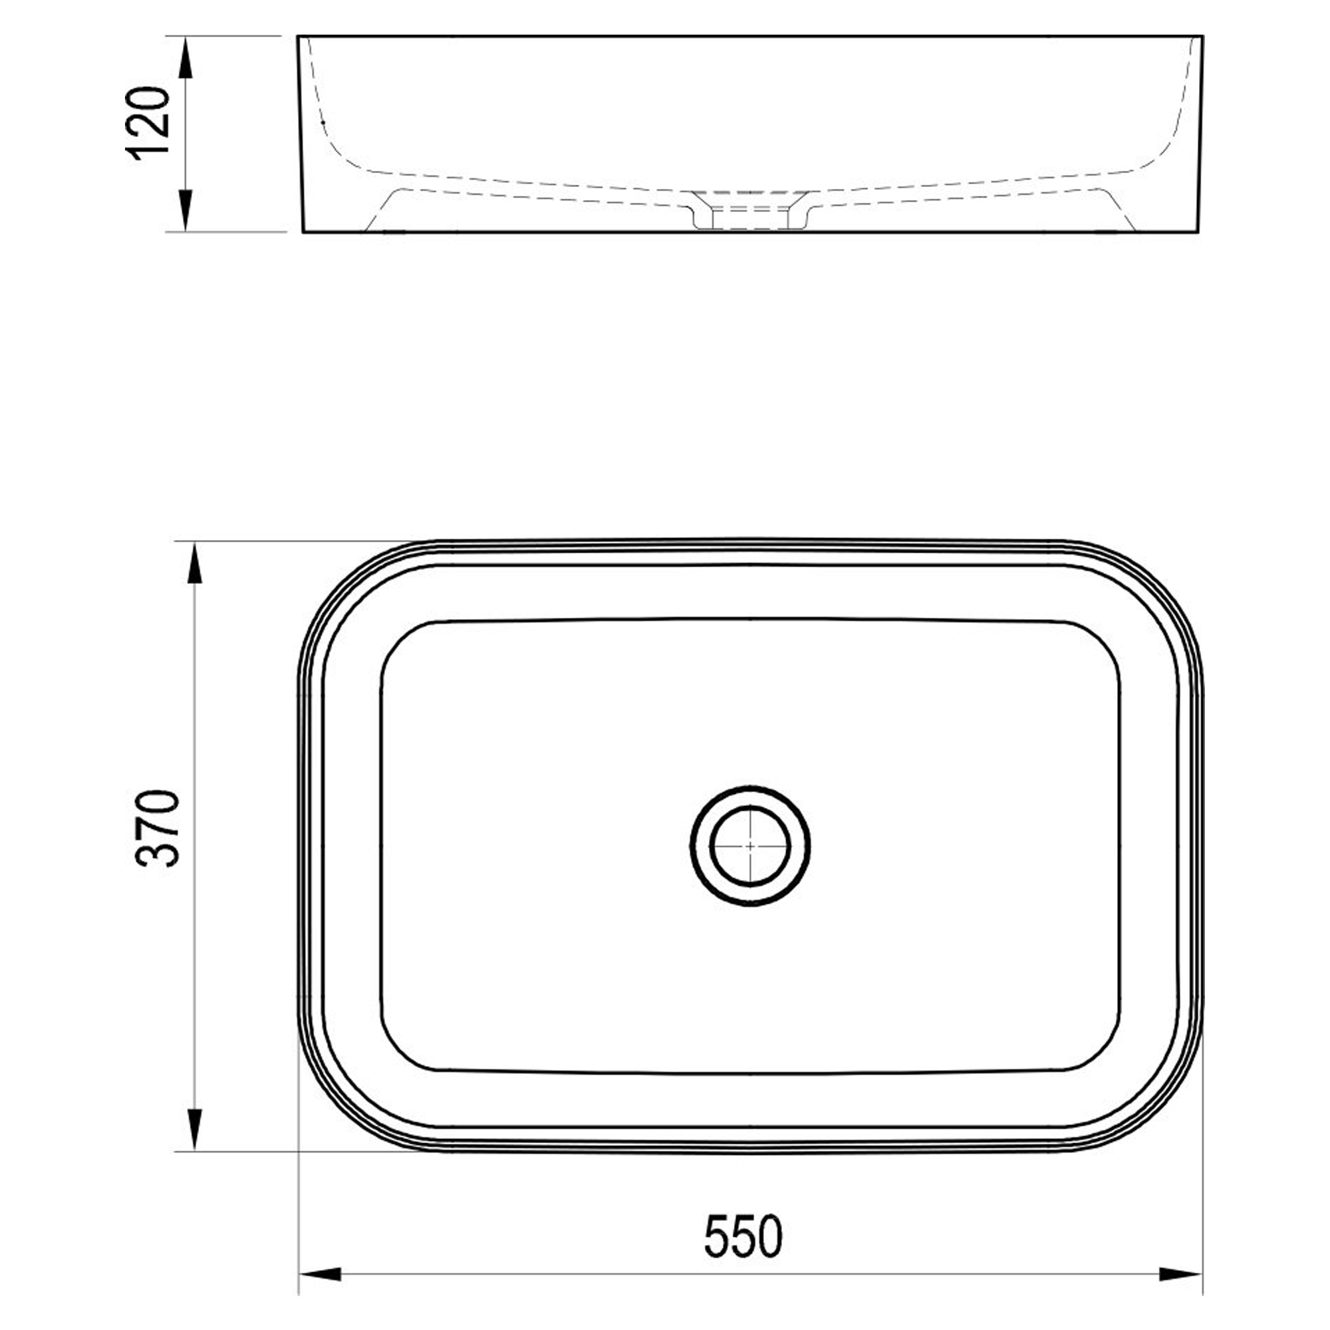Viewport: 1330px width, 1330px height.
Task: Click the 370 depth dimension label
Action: pyautogui.click(x=158, y=828)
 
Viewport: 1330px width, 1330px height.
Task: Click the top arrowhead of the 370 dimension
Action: pyautogui.click(x=196, y=564)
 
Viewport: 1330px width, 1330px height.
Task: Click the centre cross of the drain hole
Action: pyautogui.click(x=749, y=845)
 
